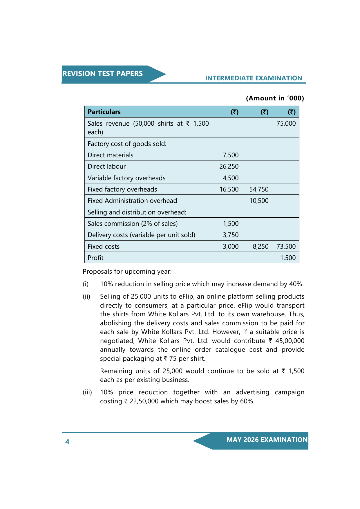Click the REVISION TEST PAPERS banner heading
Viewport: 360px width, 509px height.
[x=102, y=74]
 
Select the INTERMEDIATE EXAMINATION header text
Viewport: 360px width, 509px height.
[x=254, y=78]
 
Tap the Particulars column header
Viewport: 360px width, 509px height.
[x=104, y=112]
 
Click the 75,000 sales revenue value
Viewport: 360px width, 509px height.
[x=286, y=123]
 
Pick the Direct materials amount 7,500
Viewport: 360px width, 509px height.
[x=231, y=155]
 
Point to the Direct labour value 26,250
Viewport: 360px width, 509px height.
[x=229, y=166]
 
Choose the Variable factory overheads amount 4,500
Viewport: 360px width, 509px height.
[x=231, y=178]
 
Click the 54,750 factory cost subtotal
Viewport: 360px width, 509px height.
[x=259, y=189]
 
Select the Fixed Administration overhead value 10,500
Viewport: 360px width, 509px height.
[x=259, y=201]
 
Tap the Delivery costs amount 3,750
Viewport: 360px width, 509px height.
[x=231, y=235]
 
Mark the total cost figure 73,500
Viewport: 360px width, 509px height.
[x=286, y=246]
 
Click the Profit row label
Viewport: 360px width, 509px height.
[x=95, y=258]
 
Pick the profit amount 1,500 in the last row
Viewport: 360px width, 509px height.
[x=288, y=258]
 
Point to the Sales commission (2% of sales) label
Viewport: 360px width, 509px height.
[x=133, y=223]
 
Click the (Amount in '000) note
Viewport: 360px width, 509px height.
[x=275, y=98]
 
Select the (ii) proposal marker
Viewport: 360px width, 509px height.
[x=86, y=296]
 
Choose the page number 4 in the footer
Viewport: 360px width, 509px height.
[x=67, y=442]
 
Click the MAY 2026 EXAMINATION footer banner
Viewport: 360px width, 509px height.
[x=267, y=440]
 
